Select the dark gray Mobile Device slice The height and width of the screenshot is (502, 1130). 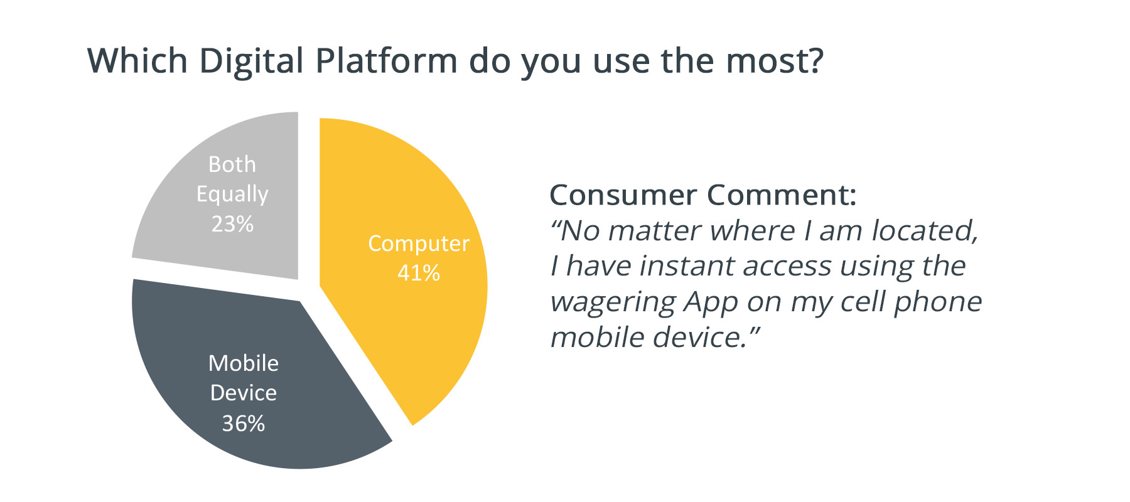coord(251,376)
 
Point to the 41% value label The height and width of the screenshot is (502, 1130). coord(419,273)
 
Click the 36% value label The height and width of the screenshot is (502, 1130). coord(244,424)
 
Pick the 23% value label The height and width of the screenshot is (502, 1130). coord(232,224)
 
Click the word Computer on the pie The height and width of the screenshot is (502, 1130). coord(419,244)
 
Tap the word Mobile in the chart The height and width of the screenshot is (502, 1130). coord(244,363)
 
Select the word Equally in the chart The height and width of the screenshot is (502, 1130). coord(232,195)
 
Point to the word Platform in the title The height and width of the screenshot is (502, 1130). coord(387,61)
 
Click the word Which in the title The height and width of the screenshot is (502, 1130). coord(137,61)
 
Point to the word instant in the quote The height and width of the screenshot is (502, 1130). coord(687,266)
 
